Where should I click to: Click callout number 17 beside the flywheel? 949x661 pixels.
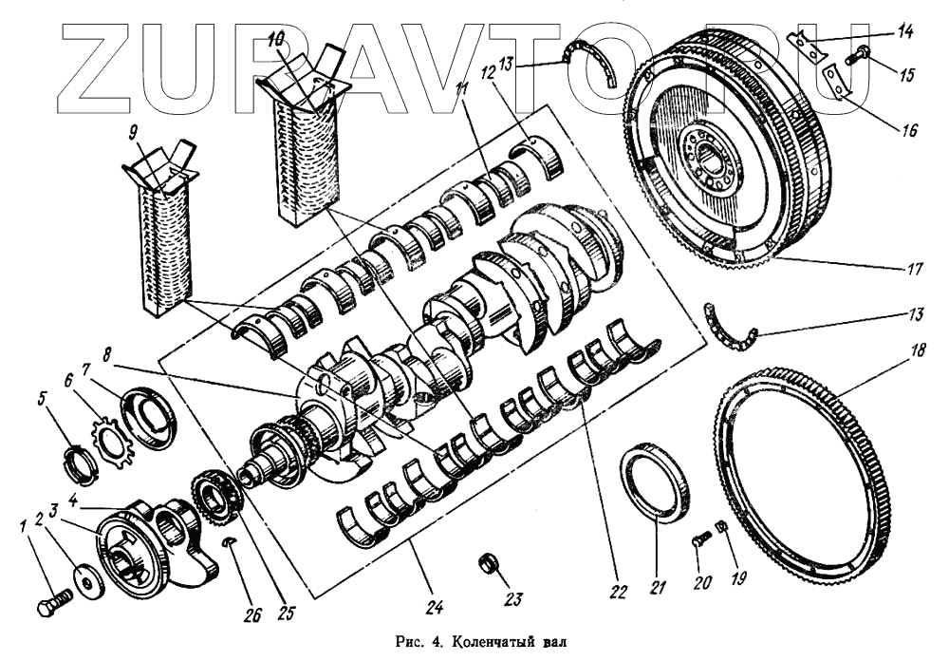coord(914,269)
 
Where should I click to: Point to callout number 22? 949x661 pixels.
coord(619,592)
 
